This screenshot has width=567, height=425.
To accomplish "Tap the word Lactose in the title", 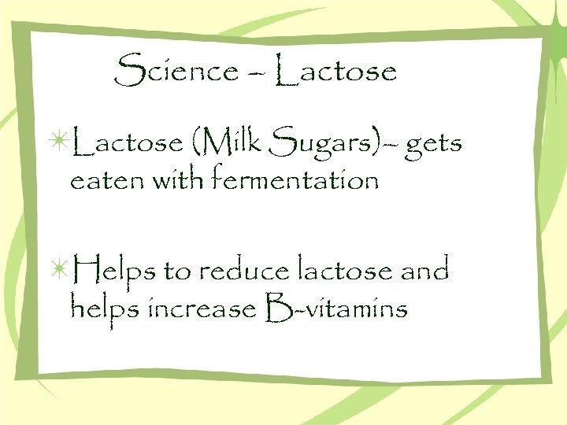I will (338, 72).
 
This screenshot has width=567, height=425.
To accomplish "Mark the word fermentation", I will (295, 181).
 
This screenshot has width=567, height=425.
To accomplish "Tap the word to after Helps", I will (177, 272).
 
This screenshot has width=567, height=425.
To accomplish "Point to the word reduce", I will (245, 272).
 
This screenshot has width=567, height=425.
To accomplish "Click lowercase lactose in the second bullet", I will (346, 272).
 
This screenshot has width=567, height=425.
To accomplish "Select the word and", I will (424, 272).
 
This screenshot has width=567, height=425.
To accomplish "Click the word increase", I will (200, 309).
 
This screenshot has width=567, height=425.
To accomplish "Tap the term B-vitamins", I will (338, 309).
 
